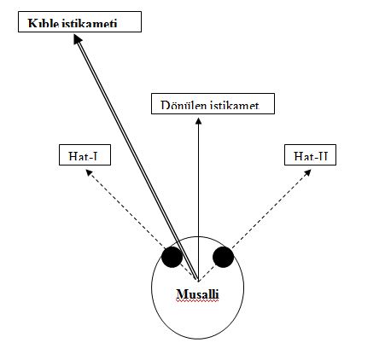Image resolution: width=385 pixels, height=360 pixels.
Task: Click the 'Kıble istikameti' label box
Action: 79,21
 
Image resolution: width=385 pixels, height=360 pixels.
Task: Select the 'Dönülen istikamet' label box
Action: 213,103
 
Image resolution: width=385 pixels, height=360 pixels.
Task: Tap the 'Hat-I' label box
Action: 85,154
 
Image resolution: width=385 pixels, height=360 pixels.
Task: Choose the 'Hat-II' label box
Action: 310,154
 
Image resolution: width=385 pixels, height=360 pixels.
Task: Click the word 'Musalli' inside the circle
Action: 197,294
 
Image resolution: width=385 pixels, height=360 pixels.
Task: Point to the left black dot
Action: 172,257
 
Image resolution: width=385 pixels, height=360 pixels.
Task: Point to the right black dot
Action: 224,257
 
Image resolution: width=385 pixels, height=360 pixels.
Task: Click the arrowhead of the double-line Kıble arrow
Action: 78,39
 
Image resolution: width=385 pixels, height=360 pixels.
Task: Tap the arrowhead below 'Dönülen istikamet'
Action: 199,121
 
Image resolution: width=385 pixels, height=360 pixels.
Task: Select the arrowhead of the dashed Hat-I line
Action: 89,172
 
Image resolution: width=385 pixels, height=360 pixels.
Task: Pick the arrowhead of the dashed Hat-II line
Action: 307,172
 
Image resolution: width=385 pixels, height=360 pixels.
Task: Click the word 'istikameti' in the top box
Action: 90,23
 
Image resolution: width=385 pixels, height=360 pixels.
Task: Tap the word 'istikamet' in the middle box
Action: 235,105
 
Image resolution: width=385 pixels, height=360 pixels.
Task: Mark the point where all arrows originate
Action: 198,281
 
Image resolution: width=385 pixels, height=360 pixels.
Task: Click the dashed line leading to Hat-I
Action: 143,227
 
